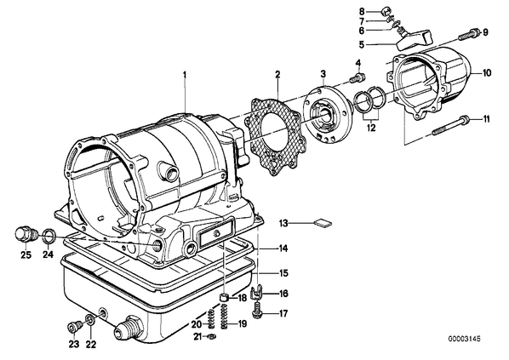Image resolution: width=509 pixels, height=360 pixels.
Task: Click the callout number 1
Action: click(x=185, y=75)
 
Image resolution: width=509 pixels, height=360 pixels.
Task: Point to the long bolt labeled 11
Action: click(x=451, y=126)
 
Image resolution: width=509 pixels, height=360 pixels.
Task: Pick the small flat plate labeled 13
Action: click(x=323, y=223)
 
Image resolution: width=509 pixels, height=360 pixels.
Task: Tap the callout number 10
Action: click(x=487, y=72)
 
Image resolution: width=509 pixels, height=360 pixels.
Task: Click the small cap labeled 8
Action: click(x=386, y=11)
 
